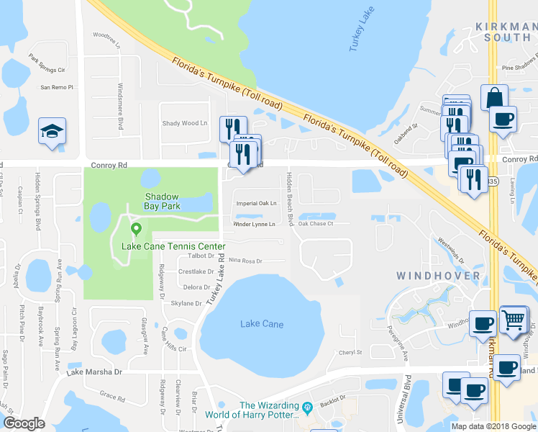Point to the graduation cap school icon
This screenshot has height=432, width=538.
pyautogui.click(x=52, y=131)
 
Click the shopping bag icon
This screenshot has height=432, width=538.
pyautogui.click(x=495, y=97)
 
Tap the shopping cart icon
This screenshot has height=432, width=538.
pyautogui.click(x=513, y=319)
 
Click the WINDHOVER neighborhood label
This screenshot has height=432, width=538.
pyautogui.click(x=437, y=276)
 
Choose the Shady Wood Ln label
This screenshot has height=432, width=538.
pyautogui.click(x=184, y=123)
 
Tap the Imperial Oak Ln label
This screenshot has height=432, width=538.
pyautogui.click(x=257, y=203)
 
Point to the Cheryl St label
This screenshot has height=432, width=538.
pyautogui.click(x=350, y=353)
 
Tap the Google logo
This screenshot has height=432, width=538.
pyautogui.click(x=24, y=423)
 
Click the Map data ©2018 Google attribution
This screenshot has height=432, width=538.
pyautogui.click(x=493, y=426)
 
